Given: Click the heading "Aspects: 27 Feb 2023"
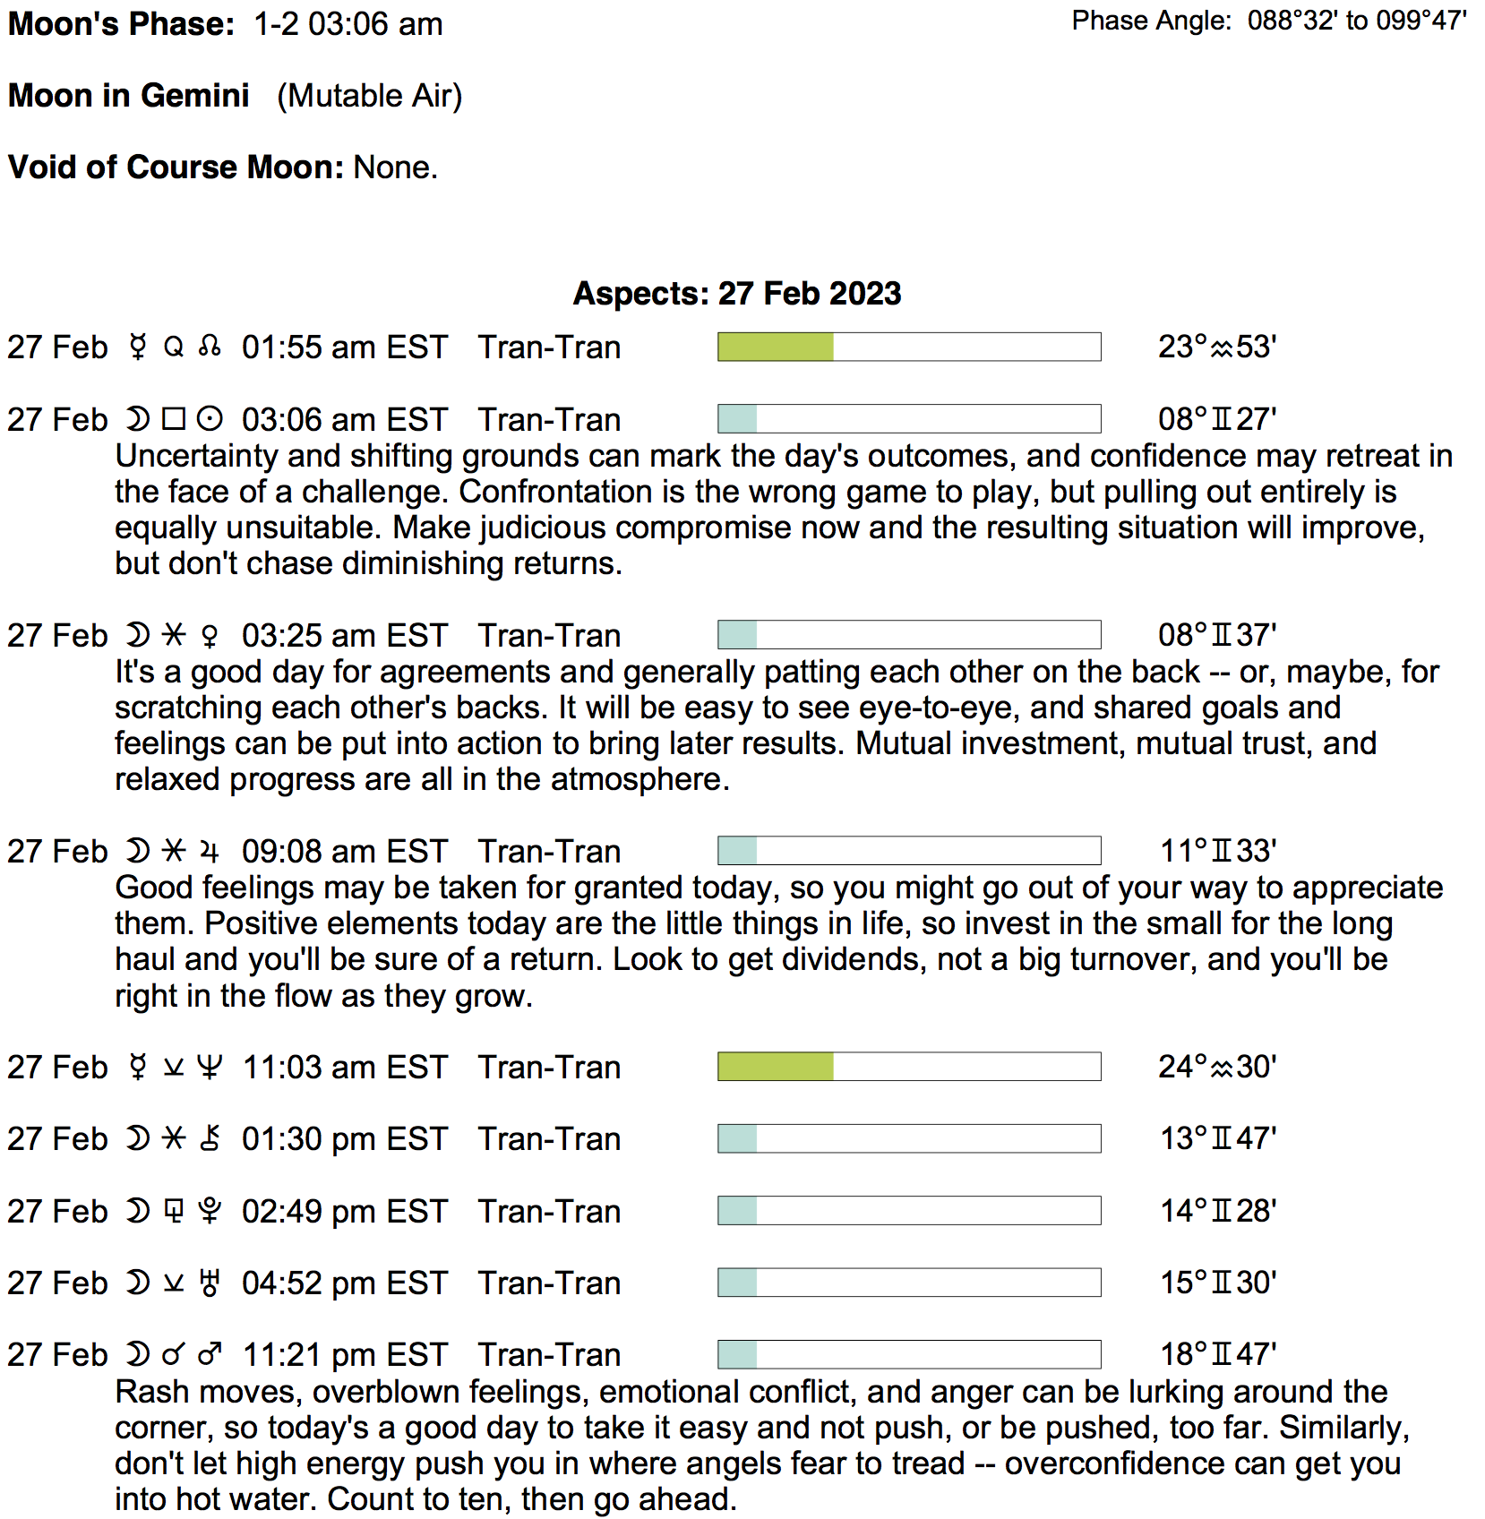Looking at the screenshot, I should point(736,294).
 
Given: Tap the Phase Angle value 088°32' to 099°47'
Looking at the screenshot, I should point(1357,21).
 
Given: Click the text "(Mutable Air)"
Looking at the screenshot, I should point(369,96).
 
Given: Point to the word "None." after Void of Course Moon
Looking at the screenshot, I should point(396,167).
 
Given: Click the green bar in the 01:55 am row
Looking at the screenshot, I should point(776,347).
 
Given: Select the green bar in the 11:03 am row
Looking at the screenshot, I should point(776,1067).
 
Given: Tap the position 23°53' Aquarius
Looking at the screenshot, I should point(1217,347).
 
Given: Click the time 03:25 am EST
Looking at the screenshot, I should point(344,635).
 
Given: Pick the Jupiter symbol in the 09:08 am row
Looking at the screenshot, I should point(210,851).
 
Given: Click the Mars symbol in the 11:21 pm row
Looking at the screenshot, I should point(210,1354).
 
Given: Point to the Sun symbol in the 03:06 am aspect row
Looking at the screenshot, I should point(210,419).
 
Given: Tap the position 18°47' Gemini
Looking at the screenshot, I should point(1218,1354).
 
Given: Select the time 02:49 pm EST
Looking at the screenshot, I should point(344,1211).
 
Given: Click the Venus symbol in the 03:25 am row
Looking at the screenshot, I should point(210,636).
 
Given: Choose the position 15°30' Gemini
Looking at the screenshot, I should point(1218,1283).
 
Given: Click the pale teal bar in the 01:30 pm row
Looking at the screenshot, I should point(738,1138).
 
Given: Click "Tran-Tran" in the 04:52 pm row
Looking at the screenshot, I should point(549,1283).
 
